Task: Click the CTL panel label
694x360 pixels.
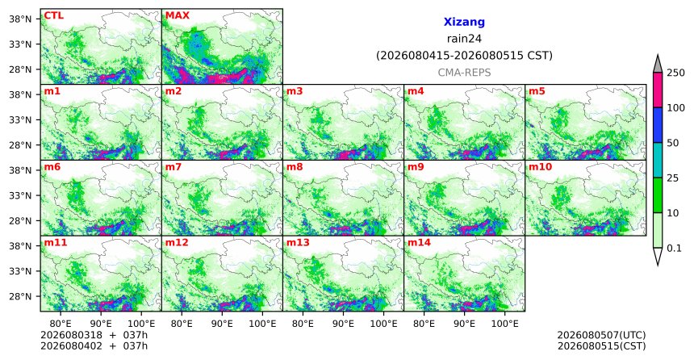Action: coord(53,16)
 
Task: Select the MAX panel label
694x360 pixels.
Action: coord(177,16)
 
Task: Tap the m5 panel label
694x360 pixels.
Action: coord(537,92)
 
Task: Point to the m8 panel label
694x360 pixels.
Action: coord(295,167)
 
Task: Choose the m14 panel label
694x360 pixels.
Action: coord(419,243)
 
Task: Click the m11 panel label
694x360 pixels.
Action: coord(54,243)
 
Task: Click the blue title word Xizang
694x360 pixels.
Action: coord(464,22)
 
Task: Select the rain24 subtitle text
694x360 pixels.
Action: coord(464,39)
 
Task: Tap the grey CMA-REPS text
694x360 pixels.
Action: coord(464,73)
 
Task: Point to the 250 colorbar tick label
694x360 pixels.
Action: coord(675,73)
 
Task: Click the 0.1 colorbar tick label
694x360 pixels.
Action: coord(674,249)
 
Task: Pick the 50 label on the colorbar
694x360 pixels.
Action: coord(673,143)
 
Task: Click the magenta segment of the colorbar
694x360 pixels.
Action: coord(658,90)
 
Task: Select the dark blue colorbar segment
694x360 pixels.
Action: coord(658,125)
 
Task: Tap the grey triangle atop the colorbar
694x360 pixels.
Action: coord(658,64)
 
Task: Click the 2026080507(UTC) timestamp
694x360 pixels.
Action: coord(601,335)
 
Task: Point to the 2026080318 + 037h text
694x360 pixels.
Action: coord(94,335)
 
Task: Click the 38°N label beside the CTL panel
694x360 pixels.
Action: coord(20,19)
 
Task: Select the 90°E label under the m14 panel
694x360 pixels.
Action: coord(464,324)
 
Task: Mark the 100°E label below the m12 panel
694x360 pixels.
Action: coord(262,324)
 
